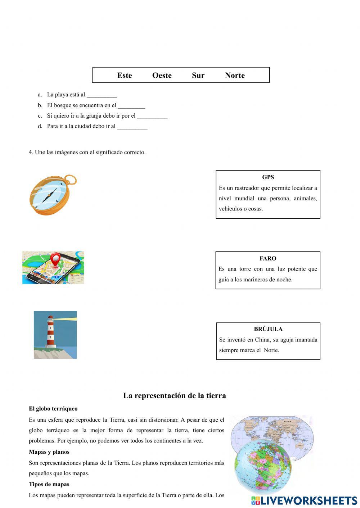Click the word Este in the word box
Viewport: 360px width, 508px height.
(x=125, y=75)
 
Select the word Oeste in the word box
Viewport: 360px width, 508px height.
(x=162, y=75)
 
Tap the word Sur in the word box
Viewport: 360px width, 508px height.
(x=198, y=75)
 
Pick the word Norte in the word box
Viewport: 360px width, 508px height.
(x=235, y=75)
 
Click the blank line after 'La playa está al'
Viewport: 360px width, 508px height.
(x=102, y=96)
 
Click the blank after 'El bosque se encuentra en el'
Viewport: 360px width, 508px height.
(x=131, y=106)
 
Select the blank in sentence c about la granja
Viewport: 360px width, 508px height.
(x=152, y=117)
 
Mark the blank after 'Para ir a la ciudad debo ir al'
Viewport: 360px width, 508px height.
(x=132, y=127)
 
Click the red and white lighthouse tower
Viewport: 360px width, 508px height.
(x=51, y=332)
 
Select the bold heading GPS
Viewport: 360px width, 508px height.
(x=268, y=177)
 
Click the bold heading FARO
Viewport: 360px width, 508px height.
(x=268, y=258)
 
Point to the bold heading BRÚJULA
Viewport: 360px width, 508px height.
(x=268, y=329)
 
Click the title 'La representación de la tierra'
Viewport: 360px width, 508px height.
(x=175, y=395)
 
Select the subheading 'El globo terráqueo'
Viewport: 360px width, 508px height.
(x=53, y=409)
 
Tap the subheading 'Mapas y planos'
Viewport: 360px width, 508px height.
(x=49, y=452)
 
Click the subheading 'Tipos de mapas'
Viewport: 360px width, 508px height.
(x=49, y=484)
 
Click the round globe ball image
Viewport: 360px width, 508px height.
(x=263, y=466)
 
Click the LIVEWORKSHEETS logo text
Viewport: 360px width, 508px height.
(x=309, y=500)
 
